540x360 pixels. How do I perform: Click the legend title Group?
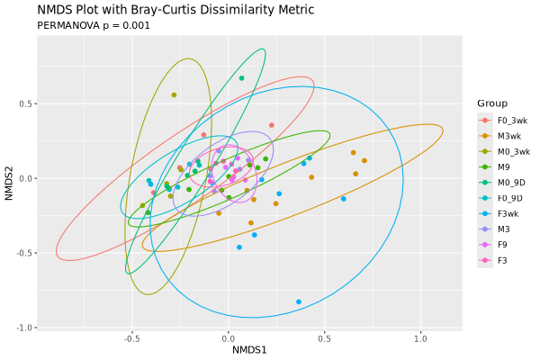pos(492,103)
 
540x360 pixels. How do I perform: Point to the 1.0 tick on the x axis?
pos(419,339)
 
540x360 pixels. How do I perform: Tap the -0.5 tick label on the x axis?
pos(131,339)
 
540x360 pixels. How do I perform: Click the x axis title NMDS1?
pos(249,350)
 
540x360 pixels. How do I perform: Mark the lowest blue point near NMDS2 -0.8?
pos(299,301)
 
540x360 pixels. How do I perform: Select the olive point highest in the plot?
pos(174,94)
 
